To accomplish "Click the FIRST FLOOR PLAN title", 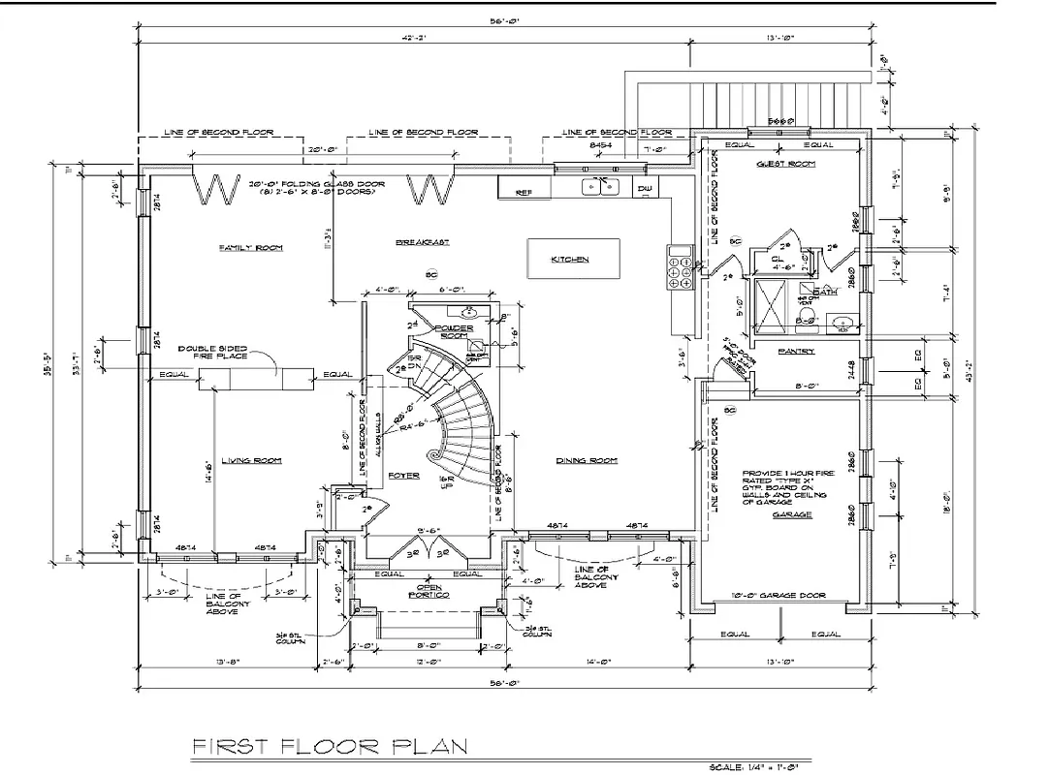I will click(331, 746).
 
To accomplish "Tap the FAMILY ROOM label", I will click(250, 248).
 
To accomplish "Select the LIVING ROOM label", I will click(250, 460).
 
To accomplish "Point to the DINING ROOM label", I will click(588, 460).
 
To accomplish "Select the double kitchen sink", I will click(602, 186).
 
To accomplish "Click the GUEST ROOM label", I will click(785, 165).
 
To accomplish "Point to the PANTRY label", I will click(796, 351).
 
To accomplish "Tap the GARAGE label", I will click(792, 515).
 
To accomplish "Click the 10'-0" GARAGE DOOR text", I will click(779, 595).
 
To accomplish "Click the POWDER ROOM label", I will click(453, 331).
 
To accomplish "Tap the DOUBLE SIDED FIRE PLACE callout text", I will click(213, 351).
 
